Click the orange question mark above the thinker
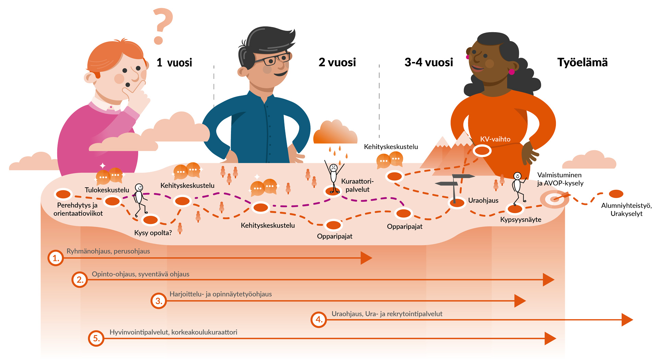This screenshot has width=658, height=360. coord(162,26)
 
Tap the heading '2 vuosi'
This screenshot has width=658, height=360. coord(337,62)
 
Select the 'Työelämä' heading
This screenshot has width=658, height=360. coord(582,62)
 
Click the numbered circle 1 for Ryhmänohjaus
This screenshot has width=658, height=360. coord(56,258)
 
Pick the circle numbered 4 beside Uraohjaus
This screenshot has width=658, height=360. coord(319,320)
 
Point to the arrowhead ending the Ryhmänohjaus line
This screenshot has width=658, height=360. coord(366,258)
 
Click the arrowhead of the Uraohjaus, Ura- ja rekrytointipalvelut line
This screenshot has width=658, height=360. coord(627,320)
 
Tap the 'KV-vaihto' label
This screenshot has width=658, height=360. coord(495,139)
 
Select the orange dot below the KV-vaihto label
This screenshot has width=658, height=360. coord(482,150)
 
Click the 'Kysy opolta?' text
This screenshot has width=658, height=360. coord(153,233)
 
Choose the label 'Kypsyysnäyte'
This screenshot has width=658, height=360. coord(521,220)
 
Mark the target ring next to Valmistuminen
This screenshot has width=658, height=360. coord(554,199)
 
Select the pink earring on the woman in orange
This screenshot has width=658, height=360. coord(511,72)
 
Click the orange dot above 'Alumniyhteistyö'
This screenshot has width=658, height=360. coord(616,194)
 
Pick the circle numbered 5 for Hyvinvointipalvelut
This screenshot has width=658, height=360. coord(96,338)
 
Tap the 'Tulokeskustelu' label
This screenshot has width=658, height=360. coord(107,190)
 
